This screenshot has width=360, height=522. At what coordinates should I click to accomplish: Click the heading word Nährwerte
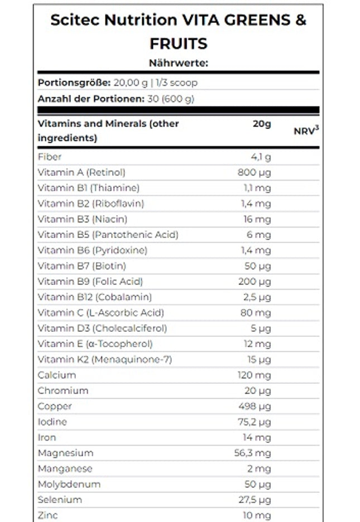[x=178, y=63]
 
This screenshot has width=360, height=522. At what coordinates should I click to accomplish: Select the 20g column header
[x=261, y=124]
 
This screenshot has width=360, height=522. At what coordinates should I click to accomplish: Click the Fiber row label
[x=50, y=157]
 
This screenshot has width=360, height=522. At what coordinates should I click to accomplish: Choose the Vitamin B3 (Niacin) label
[x=83, y=219]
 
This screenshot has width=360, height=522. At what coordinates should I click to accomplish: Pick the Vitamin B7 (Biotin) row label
[x=82, y=266]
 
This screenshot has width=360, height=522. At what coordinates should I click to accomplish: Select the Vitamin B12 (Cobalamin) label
[x=94, y=297]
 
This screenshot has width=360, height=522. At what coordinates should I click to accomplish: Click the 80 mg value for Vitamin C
[x=256, y=313]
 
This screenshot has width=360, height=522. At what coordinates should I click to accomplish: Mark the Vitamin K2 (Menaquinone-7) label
[x=104, y=360]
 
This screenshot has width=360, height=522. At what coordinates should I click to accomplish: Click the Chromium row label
[x=63, y=391]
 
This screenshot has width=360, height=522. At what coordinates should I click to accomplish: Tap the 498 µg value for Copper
[x=254, y=407]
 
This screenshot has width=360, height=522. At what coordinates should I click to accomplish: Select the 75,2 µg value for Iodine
[x=253, y=422]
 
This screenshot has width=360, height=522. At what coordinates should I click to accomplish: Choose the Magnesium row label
[x=65, y=453]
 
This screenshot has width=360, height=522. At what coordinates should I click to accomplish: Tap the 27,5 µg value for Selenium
[x=253, y=500]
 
